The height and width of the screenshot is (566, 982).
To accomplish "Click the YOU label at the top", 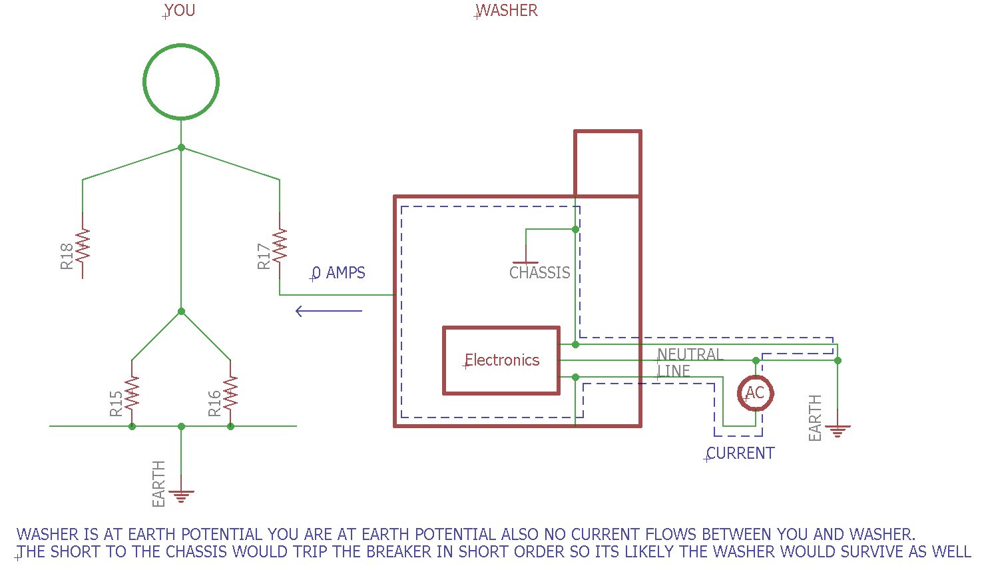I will coord(179,11).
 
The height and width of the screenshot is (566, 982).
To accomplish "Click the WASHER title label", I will coord(507,11).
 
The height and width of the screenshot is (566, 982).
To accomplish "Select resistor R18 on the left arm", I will coord(83,245).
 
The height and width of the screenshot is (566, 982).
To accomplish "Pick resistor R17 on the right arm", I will coord(280,245).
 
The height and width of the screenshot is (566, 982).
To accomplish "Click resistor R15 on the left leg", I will coord(132,392).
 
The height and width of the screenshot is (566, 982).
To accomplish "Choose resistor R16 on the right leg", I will coord(230,392).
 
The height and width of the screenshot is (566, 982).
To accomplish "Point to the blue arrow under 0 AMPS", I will coord(329,311).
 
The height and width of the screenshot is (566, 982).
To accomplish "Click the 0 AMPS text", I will coord(339,273).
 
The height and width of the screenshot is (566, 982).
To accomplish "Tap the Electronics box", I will coord(501,360).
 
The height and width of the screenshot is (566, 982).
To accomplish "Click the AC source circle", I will coord(755,393).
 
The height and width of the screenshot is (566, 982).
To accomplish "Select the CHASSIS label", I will coord(539,273).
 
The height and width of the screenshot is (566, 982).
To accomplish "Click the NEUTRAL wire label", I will coord(690,354).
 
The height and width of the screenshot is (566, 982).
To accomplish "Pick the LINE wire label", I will coord(674,371).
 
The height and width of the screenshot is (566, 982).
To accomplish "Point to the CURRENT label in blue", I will coord(740,453).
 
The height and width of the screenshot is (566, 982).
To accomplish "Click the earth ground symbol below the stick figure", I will coord(181,495).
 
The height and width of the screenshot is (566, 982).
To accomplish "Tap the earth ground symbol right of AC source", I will coord(838,431).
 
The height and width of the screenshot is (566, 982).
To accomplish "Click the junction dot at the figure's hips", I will coord(181,311).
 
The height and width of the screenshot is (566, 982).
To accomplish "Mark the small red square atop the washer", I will coord(607,164).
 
